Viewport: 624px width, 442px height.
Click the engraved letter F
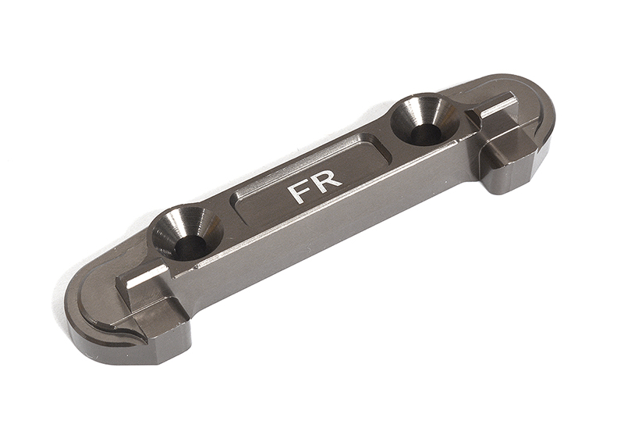pos(300,191)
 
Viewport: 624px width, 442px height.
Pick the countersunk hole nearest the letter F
pos(187,233)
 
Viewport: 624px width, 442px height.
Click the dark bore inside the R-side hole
pos(425,133)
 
